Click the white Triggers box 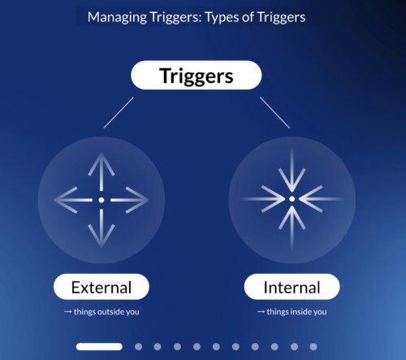tap(197, 75)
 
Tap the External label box tap(101, 287)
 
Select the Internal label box tap(292, 287)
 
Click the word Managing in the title tap(117, 17)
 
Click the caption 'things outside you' tap(106, 312)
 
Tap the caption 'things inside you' tap(296, 312)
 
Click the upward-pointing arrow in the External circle tap(101, 171)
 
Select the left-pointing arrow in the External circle tap(73, 200)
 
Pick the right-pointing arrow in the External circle tap(130, 200)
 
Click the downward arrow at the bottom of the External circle tap(101, 228)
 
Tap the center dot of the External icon tap(101, 200)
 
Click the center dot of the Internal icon tap(292, 199)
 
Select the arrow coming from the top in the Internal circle tap(292, 170)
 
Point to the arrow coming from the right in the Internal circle tap(321, 199)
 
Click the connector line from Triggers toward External tap(119, 113)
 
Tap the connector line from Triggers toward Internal tap(274, 113)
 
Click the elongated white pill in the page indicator tap(99, 347)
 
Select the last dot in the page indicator tap(313, 347)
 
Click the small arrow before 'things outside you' tap(67, 312)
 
